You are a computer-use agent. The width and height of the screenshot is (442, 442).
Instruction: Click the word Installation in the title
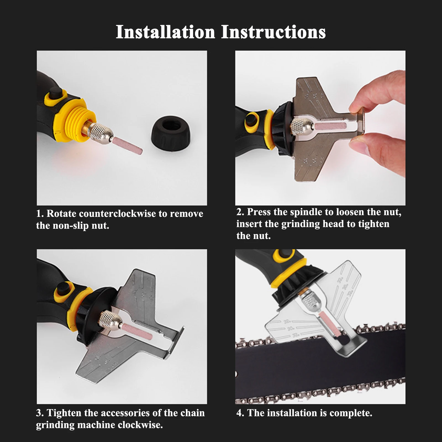(x=165, y=32)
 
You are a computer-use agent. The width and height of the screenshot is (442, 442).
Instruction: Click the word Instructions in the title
(x=273, y=32)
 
